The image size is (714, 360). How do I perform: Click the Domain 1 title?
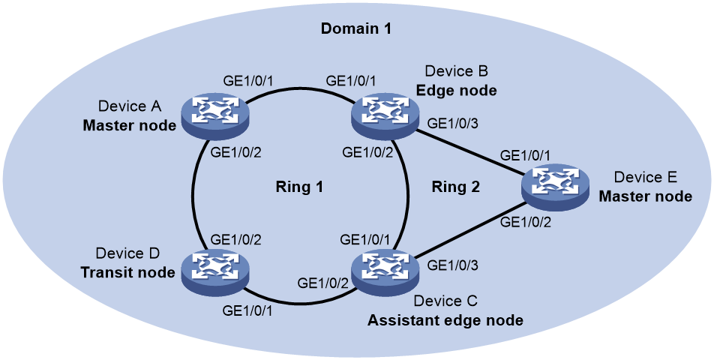tap(356, 28)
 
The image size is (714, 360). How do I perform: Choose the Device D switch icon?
tap(216, 271)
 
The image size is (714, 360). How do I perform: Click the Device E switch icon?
tap(556, 187)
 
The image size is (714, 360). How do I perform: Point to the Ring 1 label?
tap(299, 187)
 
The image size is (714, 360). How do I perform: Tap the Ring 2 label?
tap(456, 187)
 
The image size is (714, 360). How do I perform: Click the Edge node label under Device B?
tap(456, 90)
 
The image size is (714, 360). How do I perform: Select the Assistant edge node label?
tap(445, 320)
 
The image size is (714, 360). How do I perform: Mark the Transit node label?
tap(127, 272)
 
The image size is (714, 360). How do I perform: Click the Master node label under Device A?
tap(129, 125)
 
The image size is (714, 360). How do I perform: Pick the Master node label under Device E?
tap(645, 196)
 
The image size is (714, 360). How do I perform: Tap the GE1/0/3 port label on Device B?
tap(453, 124)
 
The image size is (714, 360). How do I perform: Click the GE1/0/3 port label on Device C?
tap(453, 265)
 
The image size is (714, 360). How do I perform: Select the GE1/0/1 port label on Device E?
tap(525, 156)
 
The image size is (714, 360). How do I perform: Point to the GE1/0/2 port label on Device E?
tap(525, 223)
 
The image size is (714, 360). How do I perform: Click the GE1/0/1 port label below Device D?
tap(247, 310)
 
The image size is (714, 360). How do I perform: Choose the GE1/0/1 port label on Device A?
tap(248, 80)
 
